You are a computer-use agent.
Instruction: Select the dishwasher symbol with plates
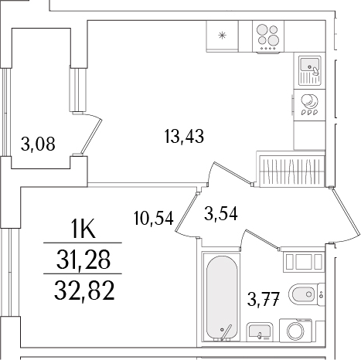click(x=309, y=104)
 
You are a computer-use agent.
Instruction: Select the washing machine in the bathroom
click(x=296, y=331)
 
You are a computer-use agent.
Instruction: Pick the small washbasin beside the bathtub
click(x=259, y=332)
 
